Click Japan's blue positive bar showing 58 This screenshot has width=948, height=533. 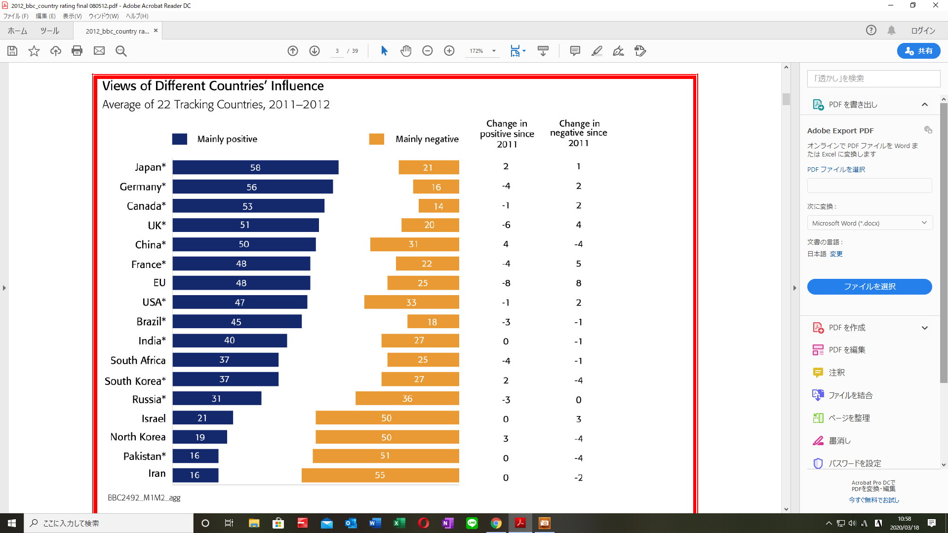pos(255,167)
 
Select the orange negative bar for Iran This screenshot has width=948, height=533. pos(380,475)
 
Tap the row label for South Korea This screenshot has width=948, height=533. pos(135,381)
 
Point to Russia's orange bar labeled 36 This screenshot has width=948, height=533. pos(407,398)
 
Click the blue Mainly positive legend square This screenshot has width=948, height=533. pos(179,139)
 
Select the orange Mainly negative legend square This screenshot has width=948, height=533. pos(376,139)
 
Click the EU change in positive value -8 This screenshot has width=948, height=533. pos(506,283)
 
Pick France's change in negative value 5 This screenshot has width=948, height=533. pos(579,264)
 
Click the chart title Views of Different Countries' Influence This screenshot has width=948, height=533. pos(213,86)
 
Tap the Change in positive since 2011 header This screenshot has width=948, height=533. pos(507,134)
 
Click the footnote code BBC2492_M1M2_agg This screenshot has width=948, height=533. pos(144,497)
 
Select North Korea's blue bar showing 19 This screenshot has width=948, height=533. pos(200,437)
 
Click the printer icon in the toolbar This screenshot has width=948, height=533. pos(77,51)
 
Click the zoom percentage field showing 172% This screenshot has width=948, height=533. pos(476,51)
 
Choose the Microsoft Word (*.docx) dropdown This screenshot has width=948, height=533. pos(869,223)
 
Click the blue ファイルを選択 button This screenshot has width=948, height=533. pos(869,287)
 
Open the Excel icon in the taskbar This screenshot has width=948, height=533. pos(399,523)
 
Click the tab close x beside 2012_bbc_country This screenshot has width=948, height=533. pos(156,31)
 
